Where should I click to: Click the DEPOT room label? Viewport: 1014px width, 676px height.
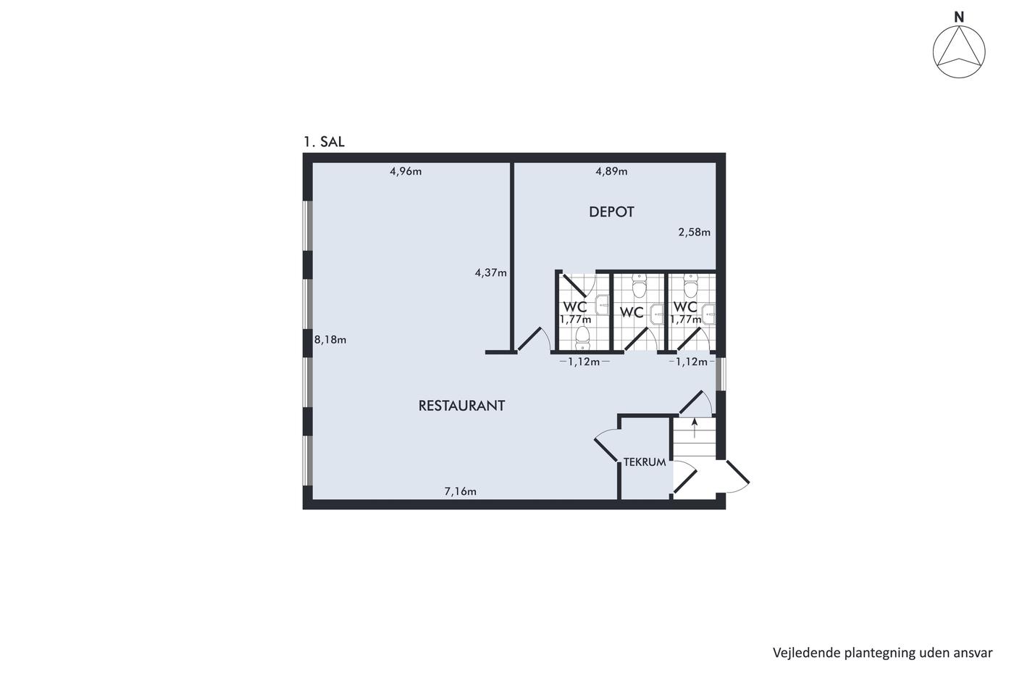click(x=611, y=212)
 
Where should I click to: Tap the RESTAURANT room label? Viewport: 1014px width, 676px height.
click(x=461, y=406)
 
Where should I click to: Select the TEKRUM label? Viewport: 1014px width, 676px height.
click(x=645, y=462)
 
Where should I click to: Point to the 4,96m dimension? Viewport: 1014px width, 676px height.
click(x=406, y=172)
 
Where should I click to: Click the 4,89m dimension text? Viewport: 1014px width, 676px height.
click(x=611, y=172)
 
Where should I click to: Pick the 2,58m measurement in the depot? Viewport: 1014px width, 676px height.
click(x=694, y=233)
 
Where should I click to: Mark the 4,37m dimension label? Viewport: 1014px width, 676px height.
click(x=491, y=272)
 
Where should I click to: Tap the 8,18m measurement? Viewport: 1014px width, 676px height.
click(x=330, y=340)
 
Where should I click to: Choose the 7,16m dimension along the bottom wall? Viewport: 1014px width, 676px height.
click(x=461, y=491)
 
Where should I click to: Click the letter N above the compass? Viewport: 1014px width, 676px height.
click(x=959, y=17)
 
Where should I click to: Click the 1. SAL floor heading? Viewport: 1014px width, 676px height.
click(x=324, y=142)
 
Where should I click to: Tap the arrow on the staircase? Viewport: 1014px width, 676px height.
click(x=695, y=428)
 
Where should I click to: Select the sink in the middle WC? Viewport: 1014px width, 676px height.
click(x=657, y=314)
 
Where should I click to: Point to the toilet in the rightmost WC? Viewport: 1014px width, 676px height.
click(x=690, y=286)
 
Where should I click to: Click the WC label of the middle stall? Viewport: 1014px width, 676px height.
click(x=632, y=312)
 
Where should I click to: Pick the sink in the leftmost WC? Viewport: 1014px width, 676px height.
click(x=603, y=305)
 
